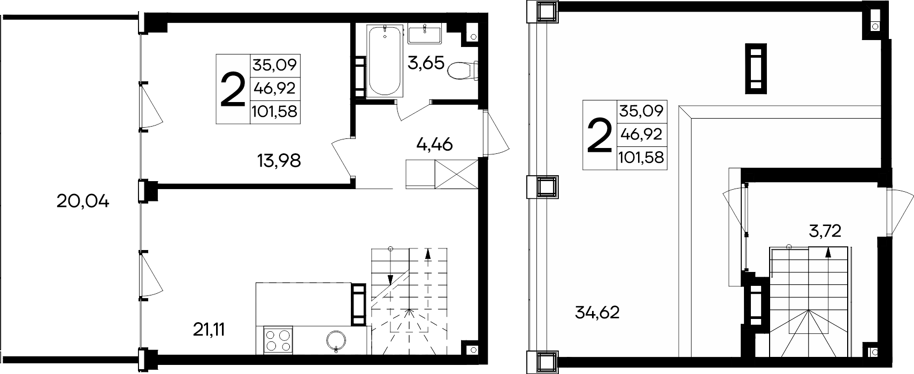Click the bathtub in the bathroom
click(385, 61)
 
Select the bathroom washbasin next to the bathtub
click(424, 34)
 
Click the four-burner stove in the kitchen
click(278, 340)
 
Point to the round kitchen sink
click(336, 340)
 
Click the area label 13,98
click(279, 161)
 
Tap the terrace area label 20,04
click(83, 201)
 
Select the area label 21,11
click(209, 330)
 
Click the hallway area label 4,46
click(435, 144)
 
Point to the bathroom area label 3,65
click(426, 63)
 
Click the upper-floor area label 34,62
click(597, 313)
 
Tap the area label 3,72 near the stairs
click(825, 231)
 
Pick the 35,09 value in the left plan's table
click(274, 65)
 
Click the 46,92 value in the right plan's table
click(641, 134)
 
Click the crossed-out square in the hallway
click(456, 174)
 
